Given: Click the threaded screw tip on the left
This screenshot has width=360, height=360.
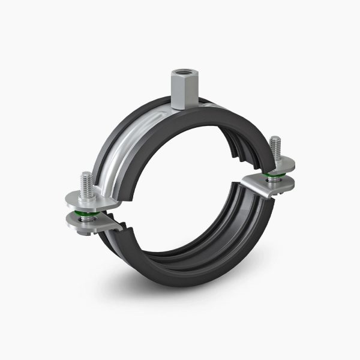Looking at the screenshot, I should [86, 181].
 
